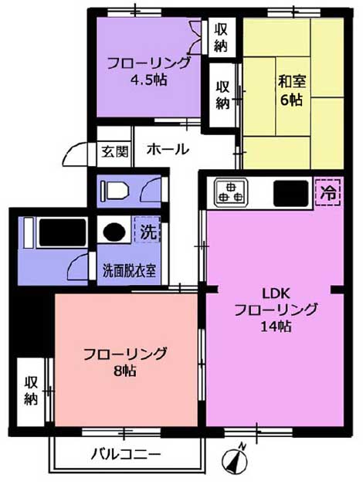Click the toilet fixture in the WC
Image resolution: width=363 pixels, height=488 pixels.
coord(114,190)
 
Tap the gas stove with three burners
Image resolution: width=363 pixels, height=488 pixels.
coord(230,192)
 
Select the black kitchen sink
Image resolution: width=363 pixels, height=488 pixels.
coord(290,193)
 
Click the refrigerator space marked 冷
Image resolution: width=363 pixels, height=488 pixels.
coord(328,192)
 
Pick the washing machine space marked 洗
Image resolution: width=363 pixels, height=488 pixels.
coord(148,230)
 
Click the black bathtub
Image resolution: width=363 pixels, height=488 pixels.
coord(63,232)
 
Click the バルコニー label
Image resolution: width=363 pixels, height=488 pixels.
coord(126,455)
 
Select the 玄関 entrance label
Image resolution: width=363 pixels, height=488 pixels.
coord(115,152)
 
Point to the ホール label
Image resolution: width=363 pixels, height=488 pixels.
coord(168,149)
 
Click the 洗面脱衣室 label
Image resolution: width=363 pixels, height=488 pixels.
coord(129,271)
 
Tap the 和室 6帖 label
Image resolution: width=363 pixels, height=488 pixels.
coord(292,90)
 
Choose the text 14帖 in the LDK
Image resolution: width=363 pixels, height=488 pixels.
coord(276,327)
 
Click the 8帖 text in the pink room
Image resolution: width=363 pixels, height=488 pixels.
coord(124,371)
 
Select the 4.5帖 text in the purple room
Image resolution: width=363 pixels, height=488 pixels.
coord(149,80)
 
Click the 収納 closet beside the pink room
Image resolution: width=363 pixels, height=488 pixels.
coord(31,391)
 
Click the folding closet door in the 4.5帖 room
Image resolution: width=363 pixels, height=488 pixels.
coord(195,36)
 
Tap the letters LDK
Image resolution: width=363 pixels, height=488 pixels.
coord(276,293)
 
